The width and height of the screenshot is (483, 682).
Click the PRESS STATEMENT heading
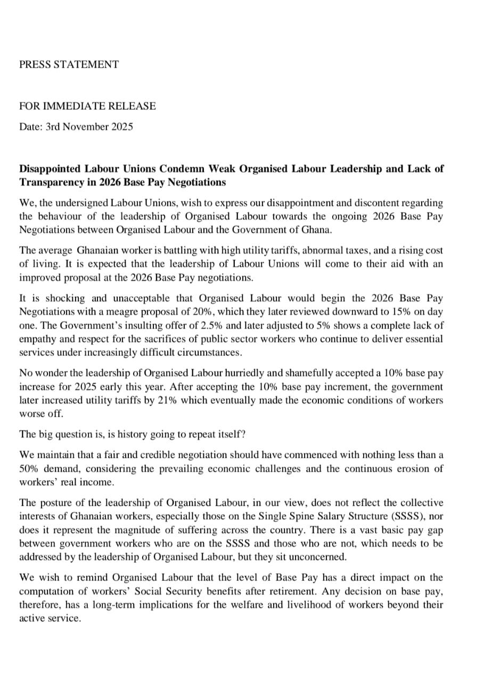click(x=69, y=64)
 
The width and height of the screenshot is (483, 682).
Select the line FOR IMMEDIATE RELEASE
click(x=88, y=106)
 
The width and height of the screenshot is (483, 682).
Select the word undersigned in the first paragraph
click(x=81, y=203)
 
